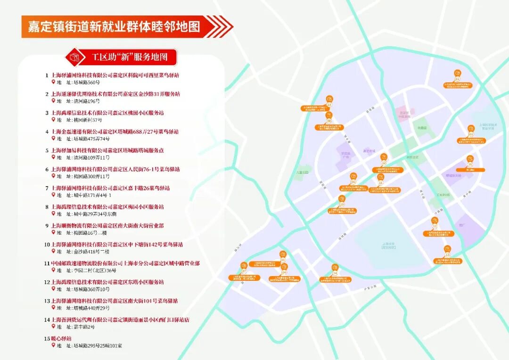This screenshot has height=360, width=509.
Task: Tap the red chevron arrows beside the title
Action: [x=220, y=26]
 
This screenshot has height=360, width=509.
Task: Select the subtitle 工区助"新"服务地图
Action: [x=129, y=57]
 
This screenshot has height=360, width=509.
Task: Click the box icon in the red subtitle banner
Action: [x=74, y=57]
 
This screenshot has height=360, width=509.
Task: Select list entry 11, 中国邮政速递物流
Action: [x=125, y=263]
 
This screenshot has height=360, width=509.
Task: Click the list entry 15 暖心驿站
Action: [x=61, y=338]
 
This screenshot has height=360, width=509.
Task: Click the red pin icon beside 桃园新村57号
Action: [x=53, y=120]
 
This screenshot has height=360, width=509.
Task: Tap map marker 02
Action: [x=457, y=74]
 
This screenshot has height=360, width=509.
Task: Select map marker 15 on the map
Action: [x=469, y=159]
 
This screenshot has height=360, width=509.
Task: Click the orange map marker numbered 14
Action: [x=335, y=268]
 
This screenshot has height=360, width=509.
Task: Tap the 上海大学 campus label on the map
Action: [x=387, y=245]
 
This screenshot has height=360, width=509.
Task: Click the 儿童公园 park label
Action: [x=302, y=172]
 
